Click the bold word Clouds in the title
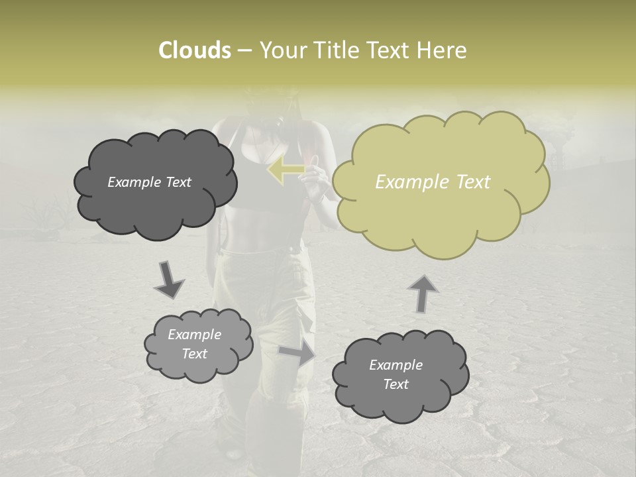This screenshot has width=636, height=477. click(194, 50)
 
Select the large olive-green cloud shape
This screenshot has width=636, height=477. click(437, 212)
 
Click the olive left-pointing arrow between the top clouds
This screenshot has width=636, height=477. click(286, 170)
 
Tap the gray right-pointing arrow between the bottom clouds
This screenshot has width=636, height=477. click(298, 352)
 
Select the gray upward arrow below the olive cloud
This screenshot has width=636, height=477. click(422, 293)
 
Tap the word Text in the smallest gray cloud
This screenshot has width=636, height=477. click(195, 354)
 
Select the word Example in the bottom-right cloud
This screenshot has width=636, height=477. click(396, 365)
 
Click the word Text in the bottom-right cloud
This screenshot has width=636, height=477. click(396, 384)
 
